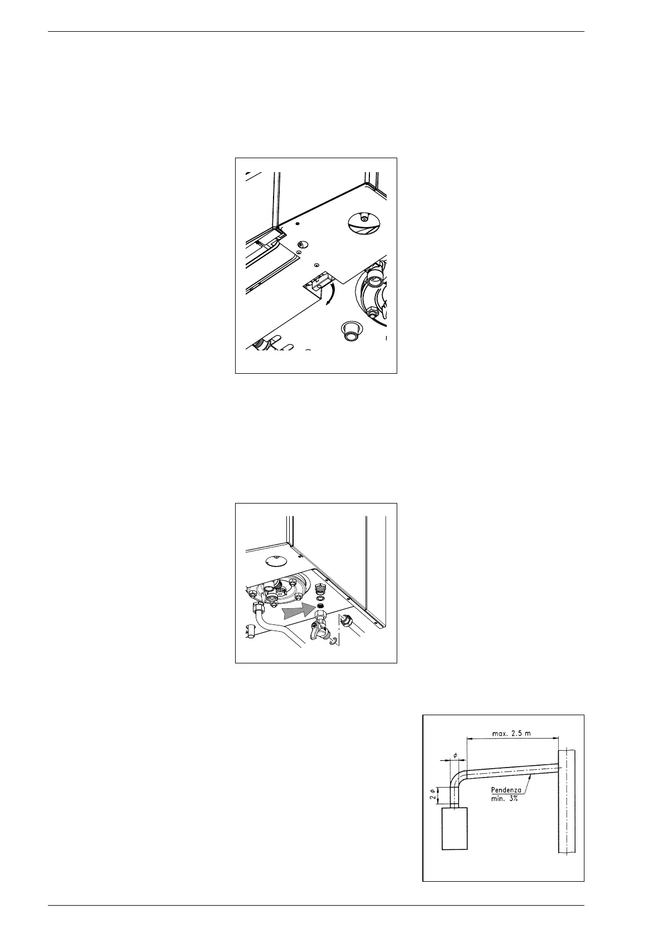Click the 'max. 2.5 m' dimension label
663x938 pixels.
point(512,733)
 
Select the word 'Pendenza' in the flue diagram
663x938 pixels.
point(506,789)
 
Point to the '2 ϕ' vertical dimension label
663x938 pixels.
point(432,794)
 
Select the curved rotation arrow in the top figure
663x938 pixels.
point(331,294)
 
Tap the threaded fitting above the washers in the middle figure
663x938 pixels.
point(320,590)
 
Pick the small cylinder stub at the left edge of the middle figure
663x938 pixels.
point(251,631)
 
